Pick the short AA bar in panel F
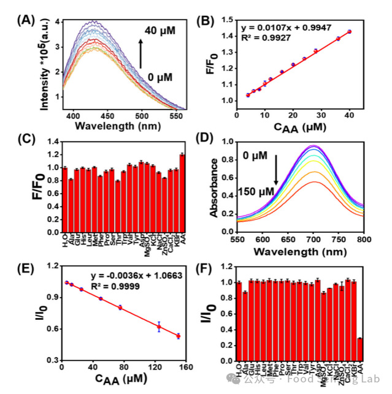[359, 350]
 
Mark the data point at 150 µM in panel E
[179, 336]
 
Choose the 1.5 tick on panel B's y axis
[229, 20]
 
